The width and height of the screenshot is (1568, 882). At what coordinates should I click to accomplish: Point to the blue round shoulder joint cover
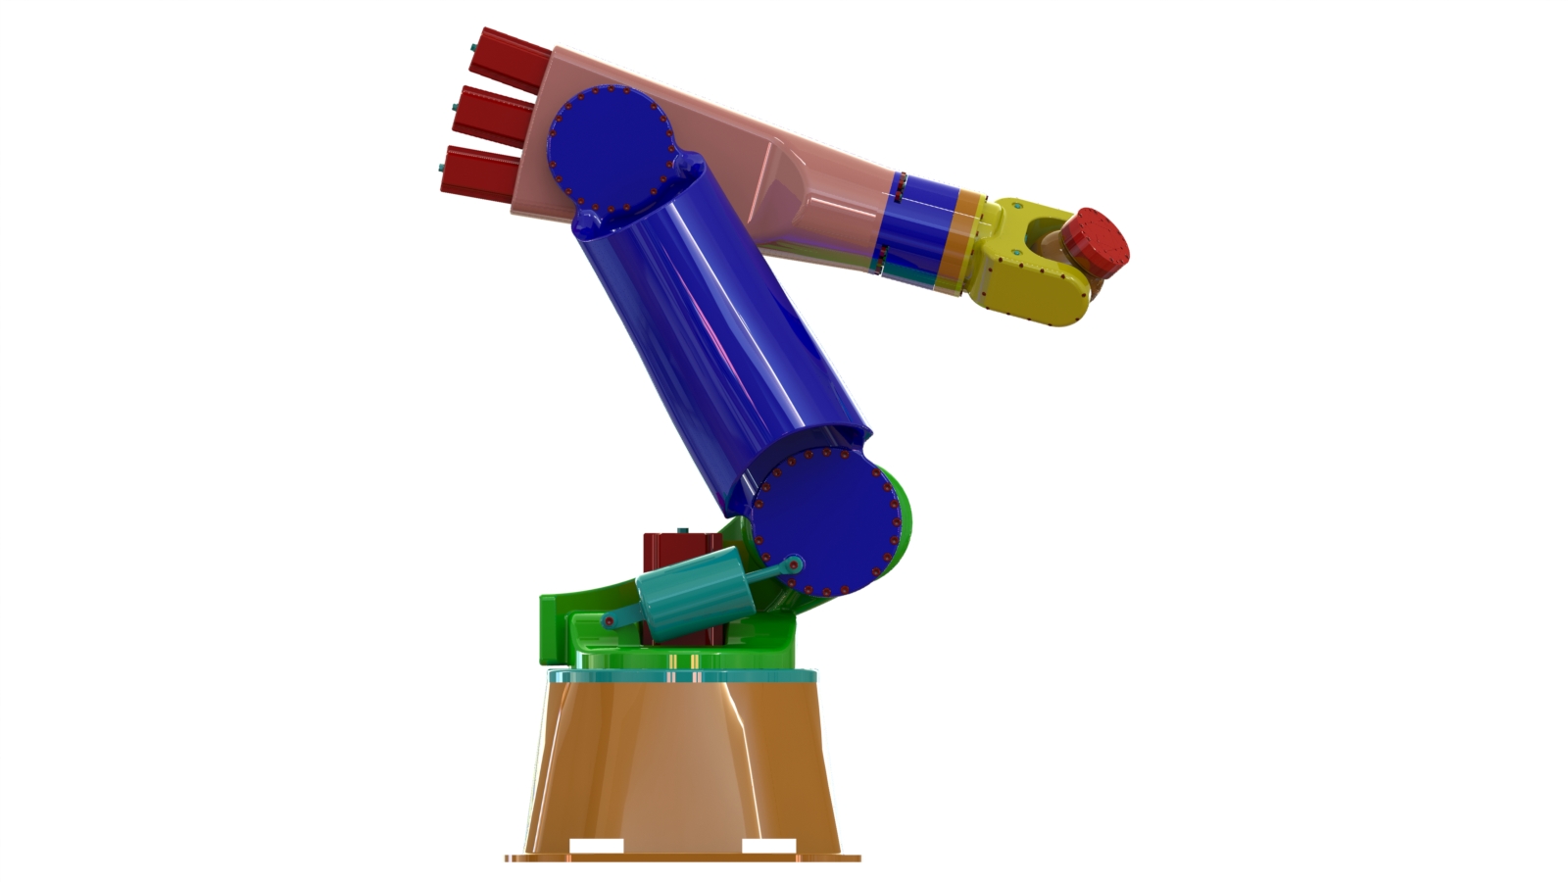(x=825, y=524)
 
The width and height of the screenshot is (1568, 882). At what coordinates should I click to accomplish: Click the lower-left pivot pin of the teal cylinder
(x=609, y=621)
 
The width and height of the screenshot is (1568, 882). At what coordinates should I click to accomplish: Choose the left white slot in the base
(x=596, y=847)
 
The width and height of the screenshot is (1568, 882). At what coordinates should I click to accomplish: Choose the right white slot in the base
(x=768, y=847)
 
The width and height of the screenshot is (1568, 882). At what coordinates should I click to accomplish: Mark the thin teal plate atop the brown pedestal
(x=681, y=676)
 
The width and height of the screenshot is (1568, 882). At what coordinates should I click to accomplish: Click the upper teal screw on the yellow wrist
(x=1015, y=209)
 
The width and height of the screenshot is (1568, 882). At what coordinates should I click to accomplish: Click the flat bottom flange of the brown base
(x=683, y=857)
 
